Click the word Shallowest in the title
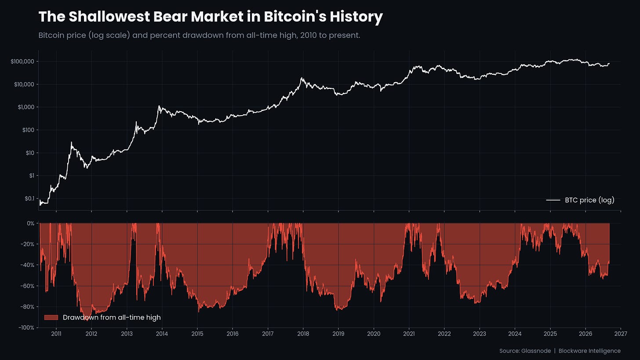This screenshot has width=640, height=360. [109, 17]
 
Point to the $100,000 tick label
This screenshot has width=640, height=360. [22, 62]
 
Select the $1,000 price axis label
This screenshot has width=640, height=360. [26, 107]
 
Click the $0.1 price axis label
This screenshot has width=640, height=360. [29, 198]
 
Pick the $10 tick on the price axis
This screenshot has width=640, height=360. [30, 153]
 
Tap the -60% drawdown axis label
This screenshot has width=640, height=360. [27, 286]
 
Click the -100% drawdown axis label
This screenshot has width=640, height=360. [26, 328]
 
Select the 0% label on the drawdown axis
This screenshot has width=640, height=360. [31, 223]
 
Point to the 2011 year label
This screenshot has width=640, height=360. [56, 334]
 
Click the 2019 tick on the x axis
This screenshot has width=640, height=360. [338, 334]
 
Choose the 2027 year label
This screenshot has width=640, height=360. [621, 334]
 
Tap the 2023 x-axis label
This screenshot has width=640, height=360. [480, 334]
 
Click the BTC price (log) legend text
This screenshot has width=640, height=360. [589, 200]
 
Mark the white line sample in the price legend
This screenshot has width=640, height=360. [553, 200]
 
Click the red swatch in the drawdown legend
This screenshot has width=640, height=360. [51, 317]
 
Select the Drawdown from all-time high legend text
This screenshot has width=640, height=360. [112, 317]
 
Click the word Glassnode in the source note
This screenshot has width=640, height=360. [536, 351]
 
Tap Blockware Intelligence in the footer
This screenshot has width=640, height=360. [589, 351]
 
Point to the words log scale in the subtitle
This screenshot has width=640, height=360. [110, 36]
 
